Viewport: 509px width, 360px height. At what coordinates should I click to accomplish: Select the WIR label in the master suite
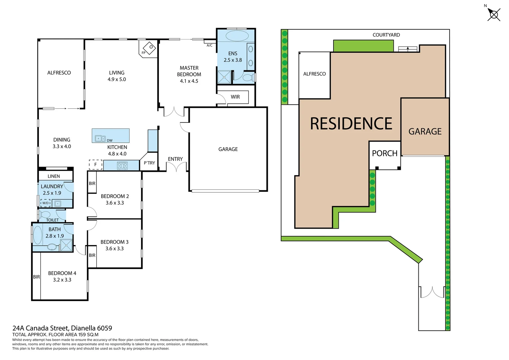coord(235,97)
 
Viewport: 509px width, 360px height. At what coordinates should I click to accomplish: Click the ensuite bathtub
coord(237,35)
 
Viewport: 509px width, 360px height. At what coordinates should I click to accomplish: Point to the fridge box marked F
coord(96,165)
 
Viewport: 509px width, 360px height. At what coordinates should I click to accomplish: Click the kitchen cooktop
coord(122,165)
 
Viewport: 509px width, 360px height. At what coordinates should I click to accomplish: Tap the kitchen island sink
coord(100,138)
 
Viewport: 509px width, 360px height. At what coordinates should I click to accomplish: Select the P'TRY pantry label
coord(149,163)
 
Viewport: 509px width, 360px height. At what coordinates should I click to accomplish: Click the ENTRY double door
coord(177,168)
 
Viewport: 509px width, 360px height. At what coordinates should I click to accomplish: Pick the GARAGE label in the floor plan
coord(228,149)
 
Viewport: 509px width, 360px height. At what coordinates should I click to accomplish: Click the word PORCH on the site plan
coord(384,153)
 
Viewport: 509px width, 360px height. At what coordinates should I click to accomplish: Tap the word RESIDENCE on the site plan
coord(351,124)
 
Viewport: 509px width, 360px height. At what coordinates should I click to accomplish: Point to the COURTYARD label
coord(386,35)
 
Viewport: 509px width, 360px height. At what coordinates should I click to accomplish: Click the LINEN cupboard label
coord(54,176)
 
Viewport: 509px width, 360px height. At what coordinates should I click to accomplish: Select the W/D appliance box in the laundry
coord(46,203)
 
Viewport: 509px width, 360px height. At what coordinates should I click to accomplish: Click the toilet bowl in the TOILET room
coord(45,214)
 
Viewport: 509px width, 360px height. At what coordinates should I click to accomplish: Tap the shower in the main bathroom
coord(66,245)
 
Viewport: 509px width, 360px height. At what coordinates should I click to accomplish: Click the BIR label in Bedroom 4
coord(36,277)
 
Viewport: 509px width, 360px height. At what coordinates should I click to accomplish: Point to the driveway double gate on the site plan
coord(432,292)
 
